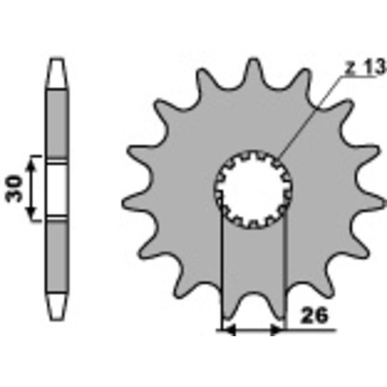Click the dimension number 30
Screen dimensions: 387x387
tap(14, 188)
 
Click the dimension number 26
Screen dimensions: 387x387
tap(314, 315)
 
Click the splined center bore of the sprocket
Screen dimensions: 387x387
tap(253, 189)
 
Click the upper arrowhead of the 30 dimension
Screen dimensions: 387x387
tap(31, 163)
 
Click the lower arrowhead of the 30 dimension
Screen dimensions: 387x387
tap(31, 213)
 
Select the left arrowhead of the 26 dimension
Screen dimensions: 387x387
tap(229, 330)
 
